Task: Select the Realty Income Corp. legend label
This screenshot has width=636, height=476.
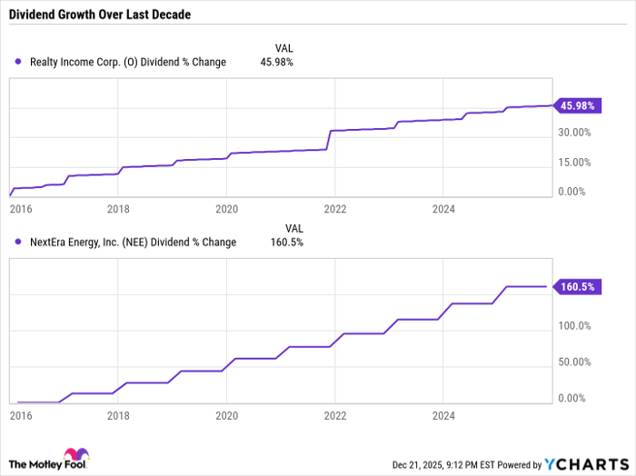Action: (128, 62)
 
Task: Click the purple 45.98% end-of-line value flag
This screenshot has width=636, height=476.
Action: (577, 106)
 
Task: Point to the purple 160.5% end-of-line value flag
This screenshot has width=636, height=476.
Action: (577, 286)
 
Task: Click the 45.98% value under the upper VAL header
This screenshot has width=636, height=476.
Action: (276, 62)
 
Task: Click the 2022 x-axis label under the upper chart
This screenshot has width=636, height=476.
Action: (334, 207)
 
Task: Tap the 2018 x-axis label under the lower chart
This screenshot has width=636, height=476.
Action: (117, 413)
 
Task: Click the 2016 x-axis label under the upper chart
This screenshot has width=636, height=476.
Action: (20, 207)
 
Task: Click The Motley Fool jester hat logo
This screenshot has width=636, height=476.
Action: (72, 454)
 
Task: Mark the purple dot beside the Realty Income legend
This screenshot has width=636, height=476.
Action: (20, 62)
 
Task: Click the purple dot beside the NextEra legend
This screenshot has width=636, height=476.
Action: (20, 242)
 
